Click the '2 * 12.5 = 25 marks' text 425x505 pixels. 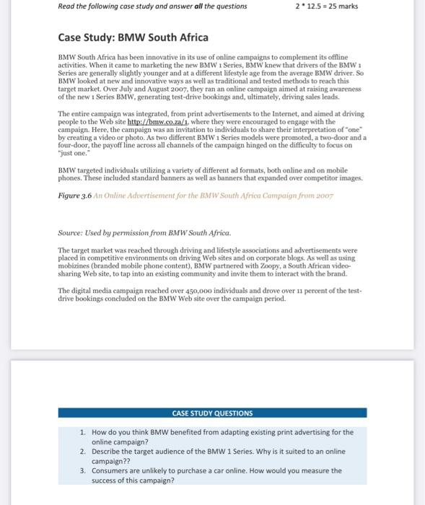click(x=326, y=6)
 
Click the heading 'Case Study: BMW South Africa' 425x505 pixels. click(x=133, y=37)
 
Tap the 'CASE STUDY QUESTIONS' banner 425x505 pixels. click(x=212, y=413)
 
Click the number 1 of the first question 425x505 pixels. click(x=83, y=432)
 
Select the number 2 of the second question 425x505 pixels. click(x=83, y=451)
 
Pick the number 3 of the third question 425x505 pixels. click(x=83, y=470)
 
